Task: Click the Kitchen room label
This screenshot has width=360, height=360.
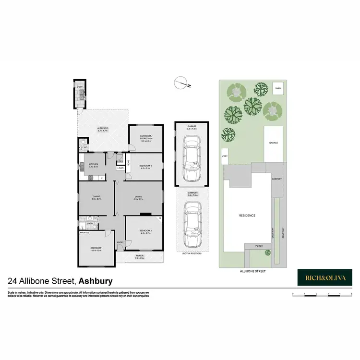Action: (x=94, y=164)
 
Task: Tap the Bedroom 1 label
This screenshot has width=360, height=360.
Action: (x=96, y=248)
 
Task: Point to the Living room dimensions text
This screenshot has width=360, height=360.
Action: (x=139, y=199)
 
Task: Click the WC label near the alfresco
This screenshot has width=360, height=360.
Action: (x=86, y=147)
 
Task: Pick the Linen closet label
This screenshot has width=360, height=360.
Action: (x=120, y=168)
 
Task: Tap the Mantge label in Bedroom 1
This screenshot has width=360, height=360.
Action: (x=85, y=232)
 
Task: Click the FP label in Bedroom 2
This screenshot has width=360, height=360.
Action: (x=160, y=219)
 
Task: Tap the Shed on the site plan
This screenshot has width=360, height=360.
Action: (x=277, y=89)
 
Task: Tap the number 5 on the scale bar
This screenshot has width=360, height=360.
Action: (x=352, y=292)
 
